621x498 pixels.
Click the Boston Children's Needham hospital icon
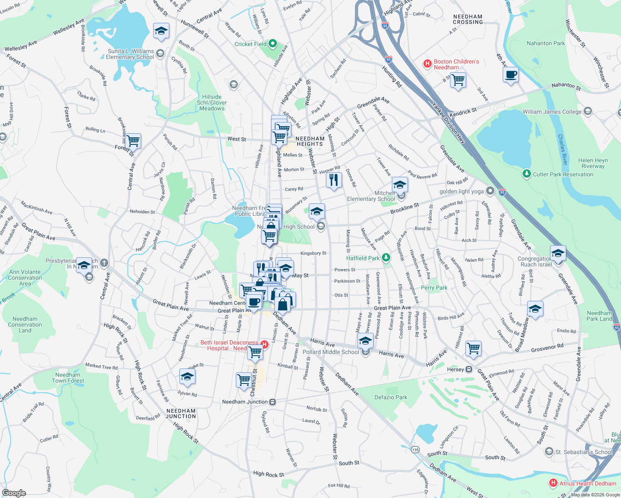pyautogui.click(x=427, y=64)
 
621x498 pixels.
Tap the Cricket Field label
pyautogui.click(x=250, y=44)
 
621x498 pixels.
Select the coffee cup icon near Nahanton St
pyautogui.click(x=511, y=75)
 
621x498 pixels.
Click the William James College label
pyautogui.click(x=552, y=112)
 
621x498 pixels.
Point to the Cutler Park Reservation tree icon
pyautogui.click(x=527, y=174)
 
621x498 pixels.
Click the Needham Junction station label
pyautogui.click(x=245, y=402)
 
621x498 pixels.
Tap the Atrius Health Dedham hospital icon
pyautogui.click(x=553, y=483)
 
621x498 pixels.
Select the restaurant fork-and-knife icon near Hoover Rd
pyautogui.click(x=334, y=180)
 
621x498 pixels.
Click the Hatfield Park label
pyautogui.click(x=363, y=258)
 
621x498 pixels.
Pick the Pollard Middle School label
pyautogui.click(x=330, y=352)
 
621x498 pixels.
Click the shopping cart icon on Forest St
pyautogui.click(x=133, y=141)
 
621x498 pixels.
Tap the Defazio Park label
pyautogui.click(x=391, y=397)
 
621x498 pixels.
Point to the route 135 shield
pyautogui.click(x=415, y=449)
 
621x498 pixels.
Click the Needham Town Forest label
pyautogui.click(x=68, y=378)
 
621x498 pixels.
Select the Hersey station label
pyautogui.click(x=455, y=369)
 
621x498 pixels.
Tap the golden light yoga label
pyautogui.click(x=461, y=191)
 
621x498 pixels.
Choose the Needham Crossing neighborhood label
pyautogui.click(x=468, y=19)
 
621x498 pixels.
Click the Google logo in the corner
pyautogui.click(x=14, y=493)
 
